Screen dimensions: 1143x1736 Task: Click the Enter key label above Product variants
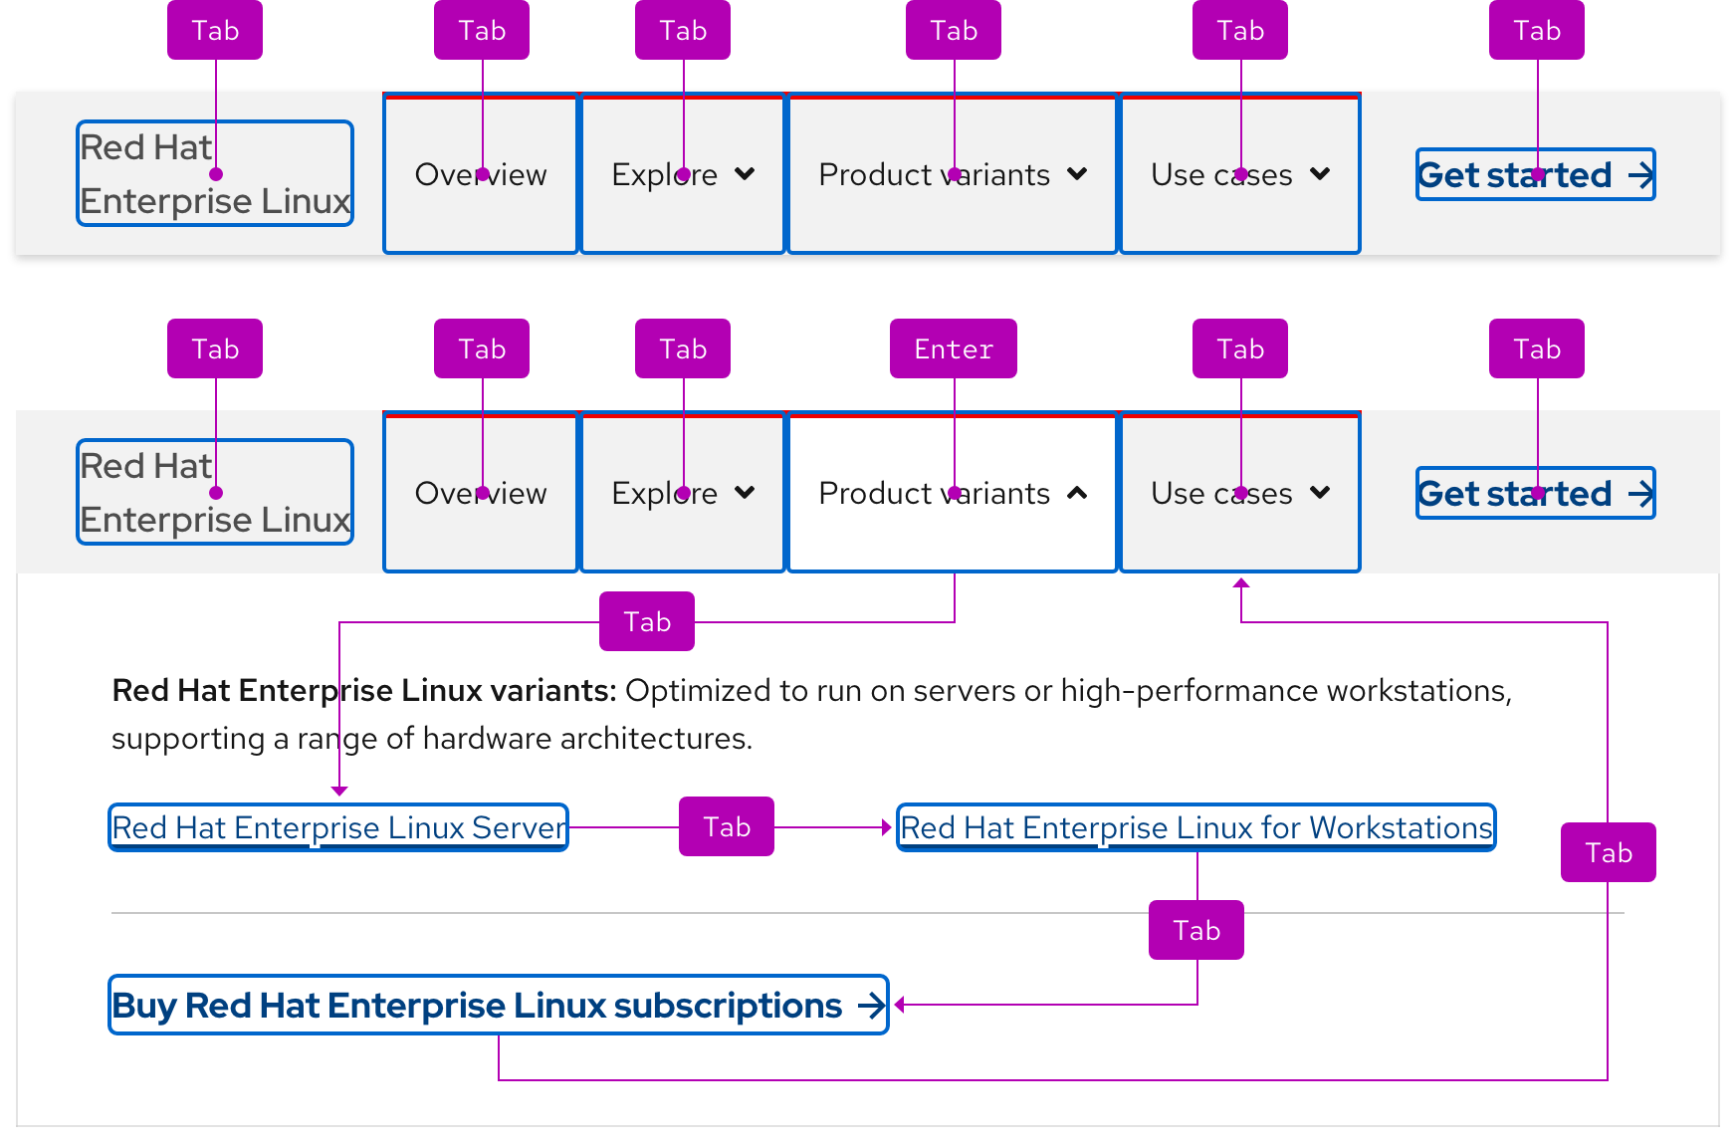coord(953,348)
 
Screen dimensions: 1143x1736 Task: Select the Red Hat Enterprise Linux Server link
coord(338,827)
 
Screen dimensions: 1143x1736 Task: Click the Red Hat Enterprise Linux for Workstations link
coord(1195,827)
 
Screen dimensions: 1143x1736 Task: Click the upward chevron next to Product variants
coord(1077,493)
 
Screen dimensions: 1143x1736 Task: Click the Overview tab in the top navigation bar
coord(481,174)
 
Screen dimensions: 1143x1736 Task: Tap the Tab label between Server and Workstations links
coord(726,826)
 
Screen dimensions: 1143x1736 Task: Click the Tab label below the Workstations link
coord(1195,930)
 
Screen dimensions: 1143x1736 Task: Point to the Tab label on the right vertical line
coord(1608,852)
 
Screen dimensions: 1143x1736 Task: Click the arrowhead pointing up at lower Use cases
coord(1240,583)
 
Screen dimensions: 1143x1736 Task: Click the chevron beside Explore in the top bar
coord(745,174)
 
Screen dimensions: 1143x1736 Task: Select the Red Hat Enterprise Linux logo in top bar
coord(215,174)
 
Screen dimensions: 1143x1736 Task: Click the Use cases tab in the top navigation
coord(1239,174)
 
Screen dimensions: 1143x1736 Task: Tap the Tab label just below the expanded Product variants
coord(646,621)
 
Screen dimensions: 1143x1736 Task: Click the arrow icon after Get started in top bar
coord(1640,175)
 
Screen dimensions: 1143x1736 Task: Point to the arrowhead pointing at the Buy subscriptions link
coord(899,1005)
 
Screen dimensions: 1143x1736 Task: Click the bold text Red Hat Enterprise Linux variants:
coord(364,690)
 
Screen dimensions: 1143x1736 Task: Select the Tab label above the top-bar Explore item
coord(682,30)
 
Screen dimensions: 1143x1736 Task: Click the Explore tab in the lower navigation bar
coord(682,493)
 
